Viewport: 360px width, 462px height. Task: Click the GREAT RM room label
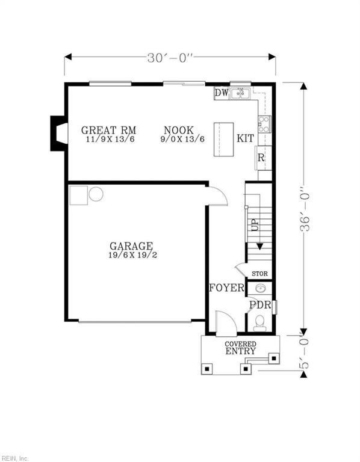(x=108, y=130)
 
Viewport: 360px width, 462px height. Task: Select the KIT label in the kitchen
(x=245, y=138)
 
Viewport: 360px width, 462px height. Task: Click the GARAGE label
(x=131, y=246)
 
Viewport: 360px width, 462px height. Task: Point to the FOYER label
(x=226, y=288)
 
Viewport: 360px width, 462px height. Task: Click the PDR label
(x=259, y=304)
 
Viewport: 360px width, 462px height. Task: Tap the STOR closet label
(x=259, y=274)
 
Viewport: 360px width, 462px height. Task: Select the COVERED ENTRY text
(x=240, y=348)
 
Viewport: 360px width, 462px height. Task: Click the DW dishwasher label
(x=221, y=93)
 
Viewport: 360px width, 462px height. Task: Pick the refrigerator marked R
(x=261, y=158)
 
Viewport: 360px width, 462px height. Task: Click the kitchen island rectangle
(x=224, y=140)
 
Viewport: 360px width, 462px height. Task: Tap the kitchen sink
(x=240, y=93)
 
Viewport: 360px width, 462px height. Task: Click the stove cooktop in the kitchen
(x=264, y=125)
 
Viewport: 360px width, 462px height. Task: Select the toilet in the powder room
(x=260, y=325)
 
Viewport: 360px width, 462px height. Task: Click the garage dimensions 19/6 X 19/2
(x=131, y=255)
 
